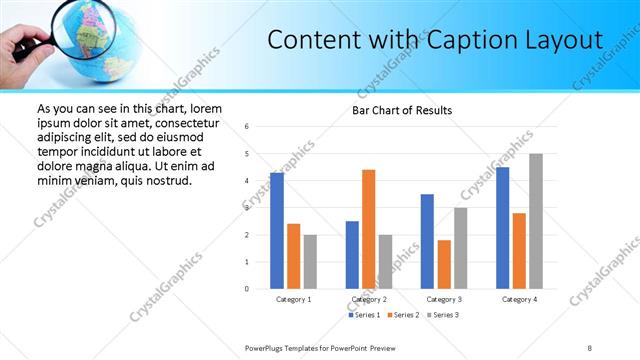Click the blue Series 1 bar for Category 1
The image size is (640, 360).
pyautogui.click(x=277, y=231)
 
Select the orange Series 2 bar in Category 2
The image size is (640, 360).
pyautogui.click(x=368, y=229)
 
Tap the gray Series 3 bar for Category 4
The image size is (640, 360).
pyautogui.click(x=536, y=221)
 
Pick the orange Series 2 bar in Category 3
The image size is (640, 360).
pyautogui.click(x=444, y=264)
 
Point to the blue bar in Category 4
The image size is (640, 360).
pyautogui.click(x=502, y=228)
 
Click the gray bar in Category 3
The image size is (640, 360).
pyautogui.click(x=461, y=248)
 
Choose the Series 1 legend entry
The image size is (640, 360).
pyautogui.click(x=363, y=315)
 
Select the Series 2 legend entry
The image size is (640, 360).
pyautogui.click(x=402, y=315)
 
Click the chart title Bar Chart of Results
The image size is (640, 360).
pyautogui.click(x=401, y=110)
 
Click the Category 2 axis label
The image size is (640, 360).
pyautogui.click(x=368, y=299)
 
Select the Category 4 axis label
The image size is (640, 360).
pyautogui.click(x=519, y=299)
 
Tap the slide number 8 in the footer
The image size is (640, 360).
pyautogui.click(x=590, y=347)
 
